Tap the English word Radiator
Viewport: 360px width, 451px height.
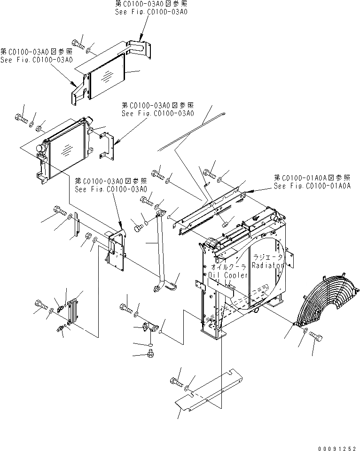[x=268, y=265]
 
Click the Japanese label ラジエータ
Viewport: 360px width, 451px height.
[x=268, y=257]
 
